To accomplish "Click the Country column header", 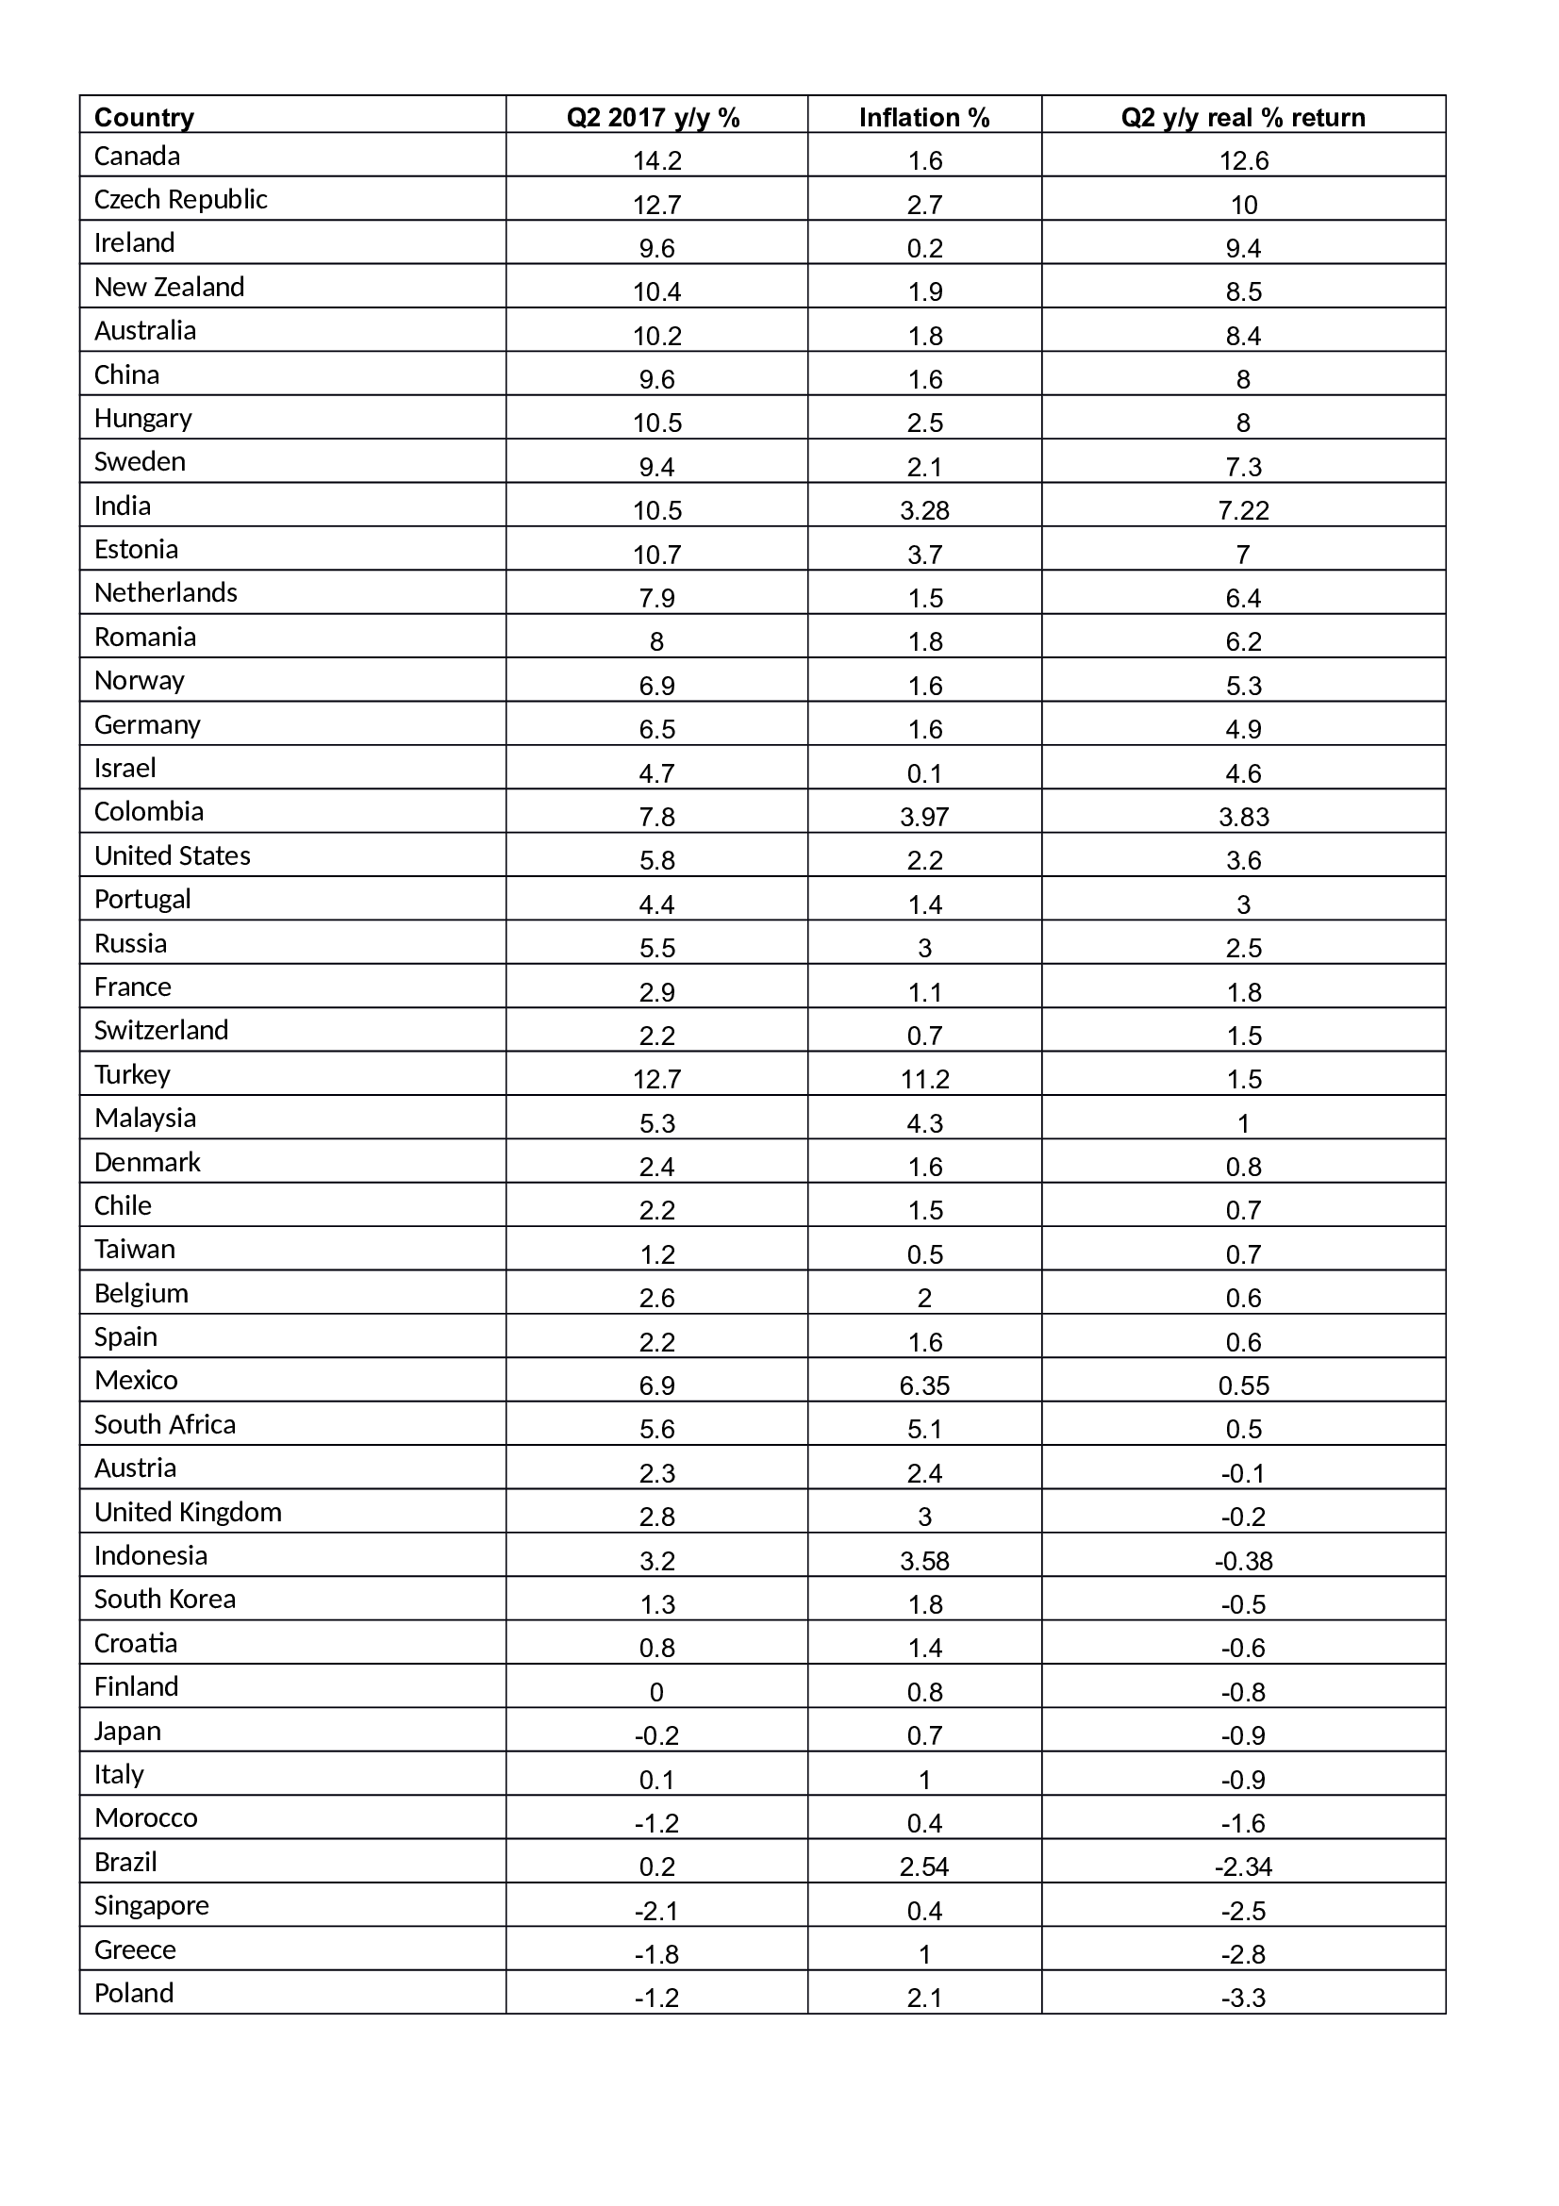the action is pyautogui.click(x=144, y=117).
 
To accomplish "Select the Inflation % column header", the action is pyautogui.click(x=924, y=117).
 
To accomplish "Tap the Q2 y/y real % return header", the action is pyautogui.click(x=1243, y=117).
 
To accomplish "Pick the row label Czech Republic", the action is pyautogui.click(x=180, y=199).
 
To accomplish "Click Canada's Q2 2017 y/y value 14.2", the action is pyautogui.click(x=657, y=160).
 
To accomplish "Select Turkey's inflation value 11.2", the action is pyautogui.click(x=925, y=1079).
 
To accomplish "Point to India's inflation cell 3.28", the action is pyautogui.click(x=925, y=510).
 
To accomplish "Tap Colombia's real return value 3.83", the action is pyautogui.click(x=1244, y=817).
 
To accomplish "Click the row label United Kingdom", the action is pyautogui.click(x=189, y=1511).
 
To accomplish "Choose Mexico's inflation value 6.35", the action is pyautogui.click(x=925, y=1385).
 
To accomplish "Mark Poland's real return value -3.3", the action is pyautogui.click(x=1244, y=1998).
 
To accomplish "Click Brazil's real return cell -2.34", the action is pyautogui.click(x=1244, y=1866).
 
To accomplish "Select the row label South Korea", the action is pyautogui.click(x=165, y=1599).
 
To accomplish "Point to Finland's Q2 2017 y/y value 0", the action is pyautogui.click(x=657, y=1692).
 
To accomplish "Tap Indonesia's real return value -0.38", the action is pyautogui.click(x=1244, y=1560).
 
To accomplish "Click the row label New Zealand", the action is pyautogui.click(x=169, y=287).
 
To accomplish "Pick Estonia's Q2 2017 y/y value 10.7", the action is pyautogui.click(x=657, y=555).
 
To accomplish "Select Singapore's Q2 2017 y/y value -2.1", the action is pyautogui.click(x=657, y=1910).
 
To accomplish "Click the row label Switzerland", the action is pyautogui.click(x=161, y=1030).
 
